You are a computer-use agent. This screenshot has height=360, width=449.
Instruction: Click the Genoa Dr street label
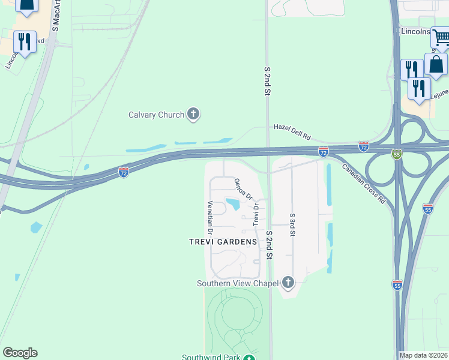pyautogui.click(x=242, y=189)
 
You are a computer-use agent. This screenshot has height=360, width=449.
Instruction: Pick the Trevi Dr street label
pyautogui.click(x=256, y=214)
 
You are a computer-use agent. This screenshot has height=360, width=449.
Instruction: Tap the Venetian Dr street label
pyautogui.click(x=211, y=217)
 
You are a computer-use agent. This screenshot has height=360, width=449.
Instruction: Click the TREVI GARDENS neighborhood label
pyautogui.click(x=223, y=242)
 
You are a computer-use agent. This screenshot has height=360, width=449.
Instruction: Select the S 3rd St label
pyautogui.click(x=292, y=225)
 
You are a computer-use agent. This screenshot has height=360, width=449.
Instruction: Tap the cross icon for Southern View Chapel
pyautogui.click(x=288, y=282)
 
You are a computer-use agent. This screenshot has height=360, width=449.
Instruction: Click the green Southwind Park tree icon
pyautogui.click(x=249, y=358)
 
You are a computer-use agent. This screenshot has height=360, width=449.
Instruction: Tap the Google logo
pyautogui.click(x=20, y=353)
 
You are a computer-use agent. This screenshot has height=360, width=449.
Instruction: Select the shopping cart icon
pyautogui.click(x=440, y=38)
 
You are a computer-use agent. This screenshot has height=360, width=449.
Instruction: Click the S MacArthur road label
pyautogui.click(x=56, y=16)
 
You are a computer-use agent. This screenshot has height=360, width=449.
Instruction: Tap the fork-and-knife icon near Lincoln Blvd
pyautogui.click(x=24, y=42)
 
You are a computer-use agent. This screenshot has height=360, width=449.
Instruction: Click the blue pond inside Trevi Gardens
pyautogui.click(x=232, y=204)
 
